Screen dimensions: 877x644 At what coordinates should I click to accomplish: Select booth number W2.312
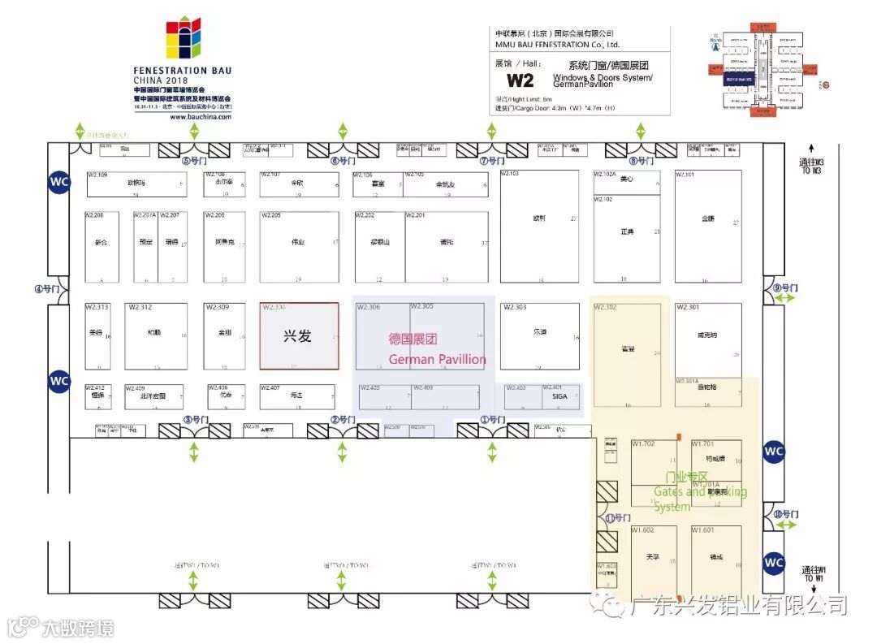[140, 307]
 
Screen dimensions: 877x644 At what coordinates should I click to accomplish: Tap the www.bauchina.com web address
[201, 117]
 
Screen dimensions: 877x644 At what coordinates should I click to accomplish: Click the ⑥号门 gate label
[343, 161]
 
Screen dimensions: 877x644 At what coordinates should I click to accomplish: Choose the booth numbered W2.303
[515, 307]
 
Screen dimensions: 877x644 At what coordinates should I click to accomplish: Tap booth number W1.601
[702, 529]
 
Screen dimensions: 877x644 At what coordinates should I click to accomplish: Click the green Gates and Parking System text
[699, 492]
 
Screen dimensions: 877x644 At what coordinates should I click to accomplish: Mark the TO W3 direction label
[811, 171]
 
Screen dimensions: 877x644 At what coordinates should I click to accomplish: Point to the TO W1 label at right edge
[813, 578]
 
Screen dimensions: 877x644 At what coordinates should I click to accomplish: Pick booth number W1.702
[643, 443]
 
